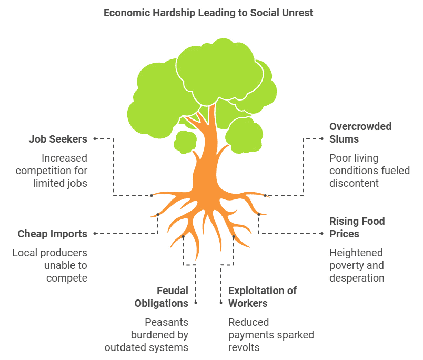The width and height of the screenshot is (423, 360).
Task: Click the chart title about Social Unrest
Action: (208, 13)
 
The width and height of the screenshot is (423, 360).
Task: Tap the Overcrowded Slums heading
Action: (360, 133)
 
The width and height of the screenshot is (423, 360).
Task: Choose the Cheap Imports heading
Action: (52, 234)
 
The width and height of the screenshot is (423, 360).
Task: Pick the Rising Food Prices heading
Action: (357, 227)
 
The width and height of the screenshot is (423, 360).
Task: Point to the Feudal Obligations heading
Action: (161, 297)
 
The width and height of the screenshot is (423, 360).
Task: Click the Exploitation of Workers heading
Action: (262, 297)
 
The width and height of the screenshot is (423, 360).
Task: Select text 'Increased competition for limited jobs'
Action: (52, 171)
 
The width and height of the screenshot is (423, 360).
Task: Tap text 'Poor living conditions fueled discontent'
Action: (369, 171)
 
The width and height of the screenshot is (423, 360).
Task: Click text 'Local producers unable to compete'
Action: (50, 265)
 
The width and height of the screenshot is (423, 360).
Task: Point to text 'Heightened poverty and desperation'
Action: (357, 265)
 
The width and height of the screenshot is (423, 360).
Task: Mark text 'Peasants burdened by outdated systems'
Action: (146, 335)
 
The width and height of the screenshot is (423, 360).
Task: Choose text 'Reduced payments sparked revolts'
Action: (271, 335)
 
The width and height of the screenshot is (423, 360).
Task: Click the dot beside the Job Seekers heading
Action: (95, 138)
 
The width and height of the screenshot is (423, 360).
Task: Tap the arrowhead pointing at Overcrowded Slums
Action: (322, 138)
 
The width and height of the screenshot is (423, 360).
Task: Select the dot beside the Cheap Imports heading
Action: (95, 233)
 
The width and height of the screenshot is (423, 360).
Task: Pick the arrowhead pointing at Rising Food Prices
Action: (322, 233)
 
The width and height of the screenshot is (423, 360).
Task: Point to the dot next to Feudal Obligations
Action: (196, 303)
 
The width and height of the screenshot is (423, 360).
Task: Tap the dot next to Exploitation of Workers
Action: (221, 303)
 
